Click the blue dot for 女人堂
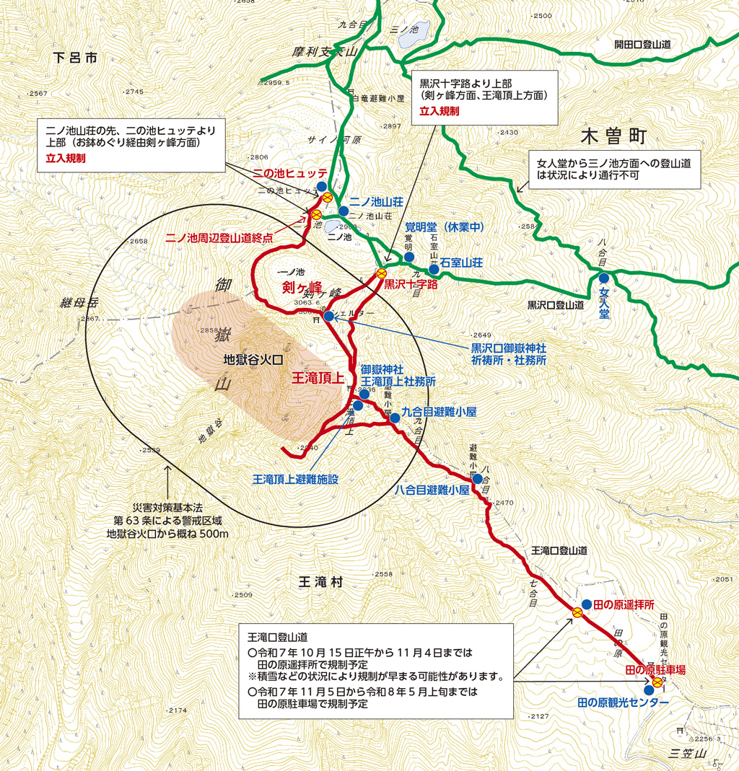603,278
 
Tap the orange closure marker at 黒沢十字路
381,273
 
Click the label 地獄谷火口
252,358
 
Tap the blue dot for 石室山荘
434,269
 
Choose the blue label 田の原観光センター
624,702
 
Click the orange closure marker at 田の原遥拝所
577,612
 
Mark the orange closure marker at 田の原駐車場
657,681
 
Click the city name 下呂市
74,58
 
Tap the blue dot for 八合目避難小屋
477,478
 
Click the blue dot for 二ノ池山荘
344,211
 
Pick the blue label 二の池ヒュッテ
289,173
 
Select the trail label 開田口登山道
643,45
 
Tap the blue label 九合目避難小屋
439,412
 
